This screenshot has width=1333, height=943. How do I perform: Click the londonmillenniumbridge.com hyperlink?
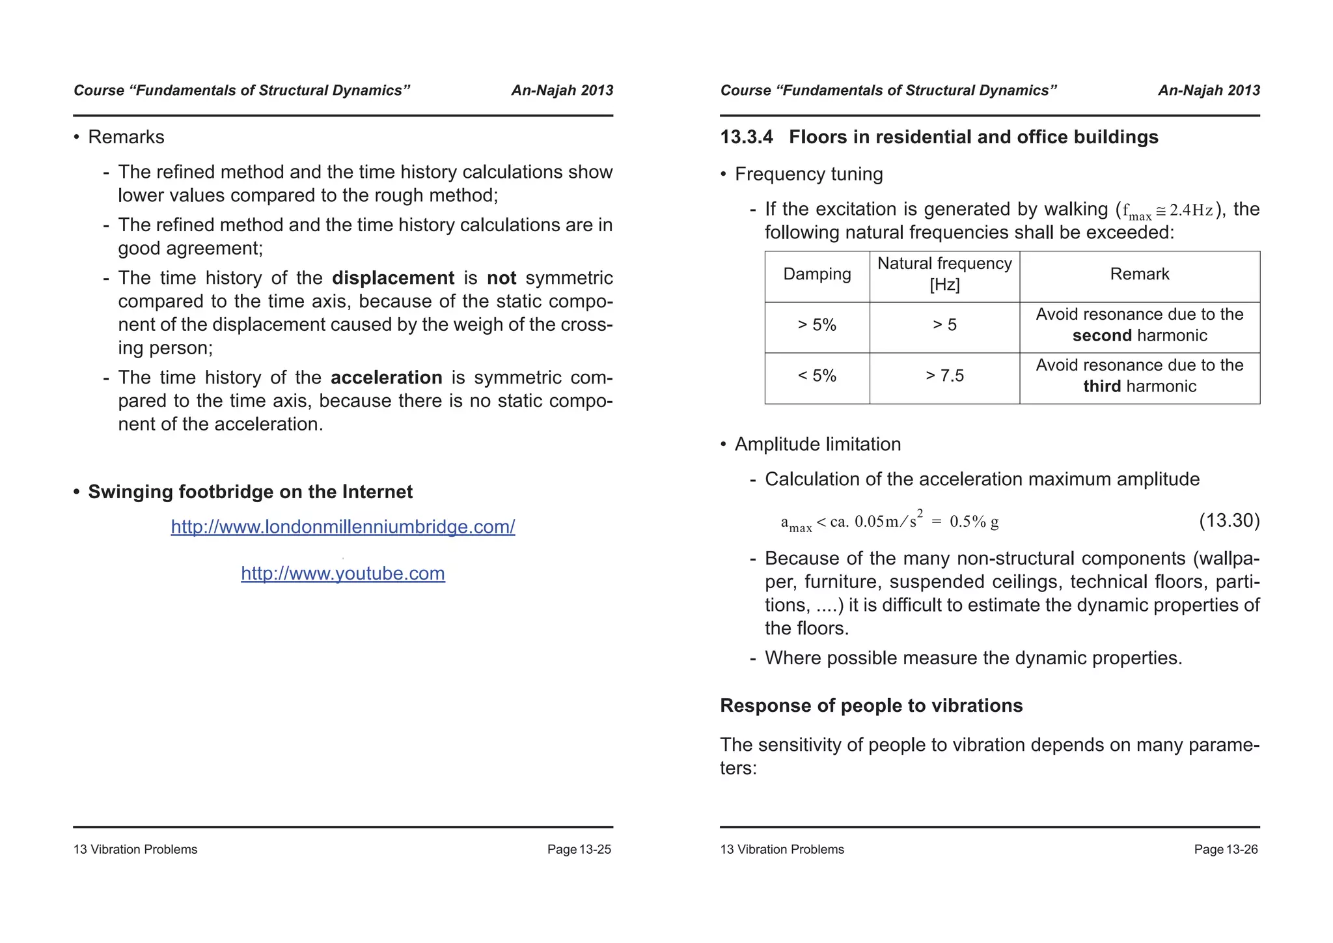pos(342,526)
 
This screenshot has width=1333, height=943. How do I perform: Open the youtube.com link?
pos(342,573)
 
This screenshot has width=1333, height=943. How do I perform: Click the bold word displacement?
pos(392,278)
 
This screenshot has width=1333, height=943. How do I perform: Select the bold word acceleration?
pos(386,378)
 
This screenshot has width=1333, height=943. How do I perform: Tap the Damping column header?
pos(816,274)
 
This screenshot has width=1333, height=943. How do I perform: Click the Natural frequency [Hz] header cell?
pos(944,274)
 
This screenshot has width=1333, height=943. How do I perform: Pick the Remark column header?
pos(1139,274)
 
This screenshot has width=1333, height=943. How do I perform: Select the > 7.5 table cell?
pos(944,376)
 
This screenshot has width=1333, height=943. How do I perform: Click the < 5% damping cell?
pos(816,376)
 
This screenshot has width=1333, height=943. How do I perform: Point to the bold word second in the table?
pos(1102,335)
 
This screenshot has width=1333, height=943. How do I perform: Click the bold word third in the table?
pos(1102,386)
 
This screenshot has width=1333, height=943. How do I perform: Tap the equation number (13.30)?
pos(1229,520)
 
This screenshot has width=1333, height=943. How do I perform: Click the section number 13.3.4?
pos(746,137)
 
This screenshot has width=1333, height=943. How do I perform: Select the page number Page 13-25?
pos(579,849)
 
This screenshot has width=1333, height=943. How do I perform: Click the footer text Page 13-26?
pos(1226,849)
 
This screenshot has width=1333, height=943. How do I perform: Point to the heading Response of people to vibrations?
pos(871,706)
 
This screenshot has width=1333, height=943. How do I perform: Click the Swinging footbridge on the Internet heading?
pos(250,492)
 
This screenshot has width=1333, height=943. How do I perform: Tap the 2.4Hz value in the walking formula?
pos(1190,210)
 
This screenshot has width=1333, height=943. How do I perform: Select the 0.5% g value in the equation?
pos(974,522)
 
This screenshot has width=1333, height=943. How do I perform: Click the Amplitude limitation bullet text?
pos(818,444)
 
